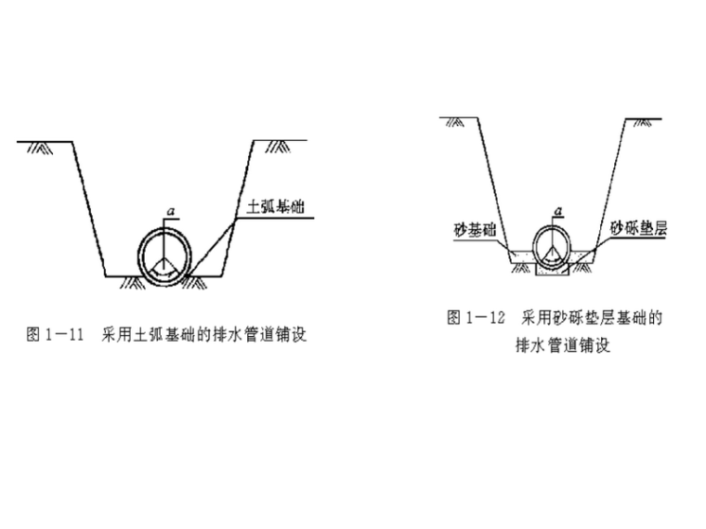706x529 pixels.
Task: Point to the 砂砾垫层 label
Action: pos(634,226)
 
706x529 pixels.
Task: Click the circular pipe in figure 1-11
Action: pos(166,251)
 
